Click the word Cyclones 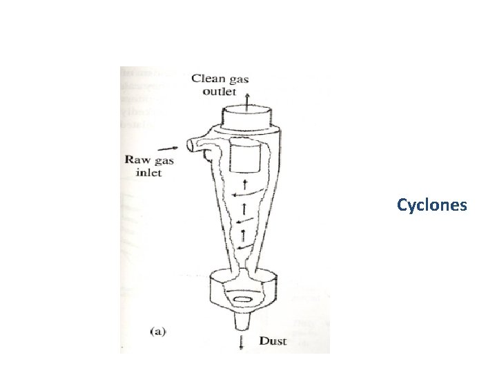(x=432, y=205)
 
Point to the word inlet (x=148, y=172)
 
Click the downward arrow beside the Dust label (x=241, y=343)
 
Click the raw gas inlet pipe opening (x=188, y=145)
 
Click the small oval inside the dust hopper (x=244, y=299)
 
